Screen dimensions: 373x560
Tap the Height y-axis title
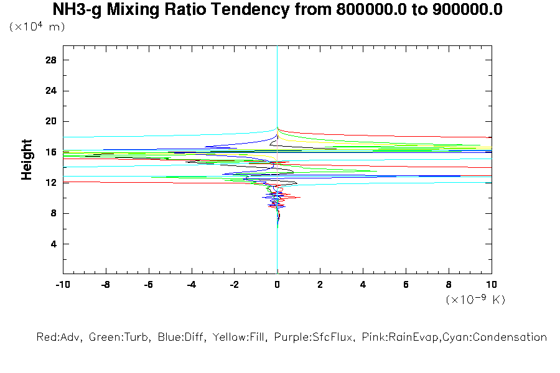click(27, 160)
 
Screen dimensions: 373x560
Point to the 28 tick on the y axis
click(50, 60)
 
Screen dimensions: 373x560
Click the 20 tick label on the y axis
click(50, 121)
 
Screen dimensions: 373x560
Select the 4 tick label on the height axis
click(54, 244)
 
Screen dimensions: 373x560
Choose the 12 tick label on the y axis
click(50, 183)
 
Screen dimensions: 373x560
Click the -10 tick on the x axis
click(62, 284)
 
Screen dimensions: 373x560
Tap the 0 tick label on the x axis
click(277, 284)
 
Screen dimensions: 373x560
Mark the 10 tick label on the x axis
click(492, 284)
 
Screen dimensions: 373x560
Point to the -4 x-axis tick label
click(191, 284)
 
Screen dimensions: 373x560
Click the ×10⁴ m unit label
click(37, 27)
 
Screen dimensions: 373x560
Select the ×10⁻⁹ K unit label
click(475, 300)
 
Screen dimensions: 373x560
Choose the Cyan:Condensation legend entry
click(502, 338)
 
